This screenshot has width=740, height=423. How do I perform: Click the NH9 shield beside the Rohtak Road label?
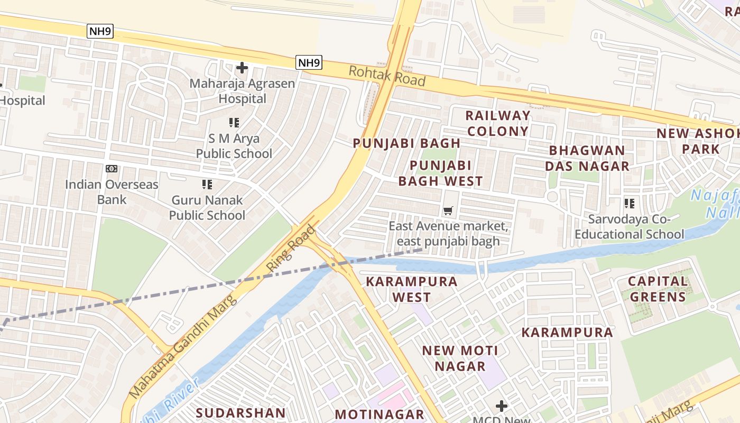pyautogui.click(x=309, y=63)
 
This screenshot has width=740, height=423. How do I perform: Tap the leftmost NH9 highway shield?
pyautogui.click(x=100, y=31)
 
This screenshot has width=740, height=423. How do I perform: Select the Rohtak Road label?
pyautogui.click(x=387, y=76)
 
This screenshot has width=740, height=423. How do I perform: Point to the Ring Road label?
pyautogui.click(x=291, y=249)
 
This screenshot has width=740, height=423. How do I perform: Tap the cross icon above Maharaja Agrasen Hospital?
pyautogui.click(x=242, y=68)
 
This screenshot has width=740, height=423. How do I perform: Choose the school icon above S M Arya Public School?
pyautogui.click(x=234, y=123)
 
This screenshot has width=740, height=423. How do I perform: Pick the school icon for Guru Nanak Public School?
pyautogui.click(x=207, y=185)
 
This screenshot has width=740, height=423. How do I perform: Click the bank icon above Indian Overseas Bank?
pyautogui.click(x=112, y=169)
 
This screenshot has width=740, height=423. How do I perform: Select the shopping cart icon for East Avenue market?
pyautogui.click(x=448, y=211)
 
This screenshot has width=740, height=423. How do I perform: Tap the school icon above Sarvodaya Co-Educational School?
pyautogui.click(x=629, y=203)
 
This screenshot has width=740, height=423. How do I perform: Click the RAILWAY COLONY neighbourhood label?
pyautogui.click(x=497, y=123)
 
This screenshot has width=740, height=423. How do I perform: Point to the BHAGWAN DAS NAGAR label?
pyautogui.click(x=587, y=158)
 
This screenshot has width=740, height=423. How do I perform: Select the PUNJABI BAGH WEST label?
pyautogui.click(x=440, y=173)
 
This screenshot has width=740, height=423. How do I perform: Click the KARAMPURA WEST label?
pyautogui.click(x=412, y=289)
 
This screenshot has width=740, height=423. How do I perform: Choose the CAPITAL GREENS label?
pyautogui.click(x=658, y=289)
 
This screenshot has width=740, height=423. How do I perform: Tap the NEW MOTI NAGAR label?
pyautogui.click(x=460, y=358)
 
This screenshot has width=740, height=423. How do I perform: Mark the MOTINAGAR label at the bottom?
pyautogui.click(x=380, y=414)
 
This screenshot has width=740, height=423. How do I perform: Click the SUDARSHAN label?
pyautogui.click(x=240, y=412)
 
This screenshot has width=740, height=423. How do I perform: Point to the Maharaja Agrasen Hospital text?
pyautogui.click(x=242, y=91)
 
